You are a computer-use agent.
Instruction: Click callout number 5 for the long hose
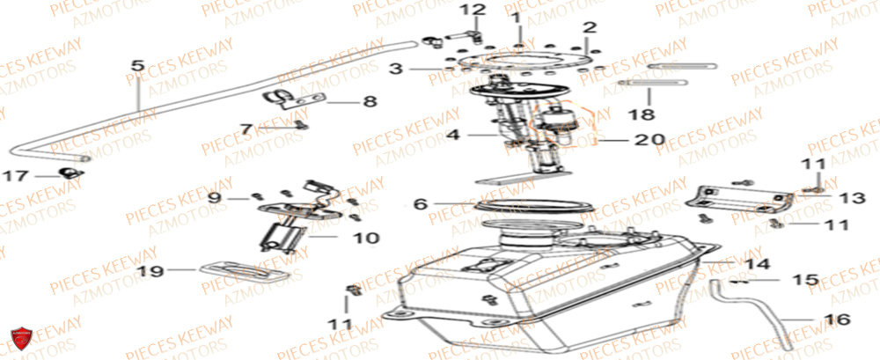point(136,66)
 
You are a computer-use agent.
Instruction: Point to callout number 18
point(648,114)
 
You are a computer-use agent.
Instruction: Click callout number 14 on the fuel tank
point(758,264)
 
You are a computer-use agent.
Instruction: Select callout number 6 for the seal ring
point(421,204)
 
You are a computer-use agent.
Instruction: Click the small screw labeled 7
point(300,124)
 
